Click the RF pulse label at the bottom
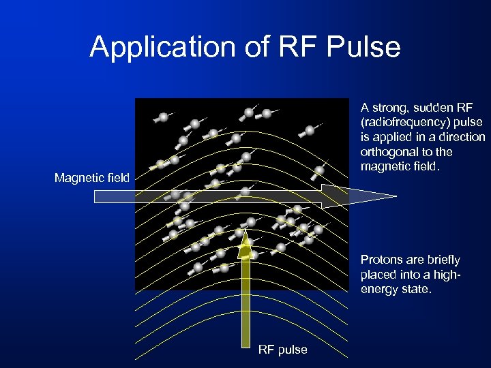tap(282, 350)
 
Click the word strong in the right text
tap(391, 108)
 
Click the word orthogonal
tap(388, 152)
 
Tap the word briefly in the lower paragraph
tap(443, 260)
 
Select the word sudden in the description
tap(433, 108)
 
